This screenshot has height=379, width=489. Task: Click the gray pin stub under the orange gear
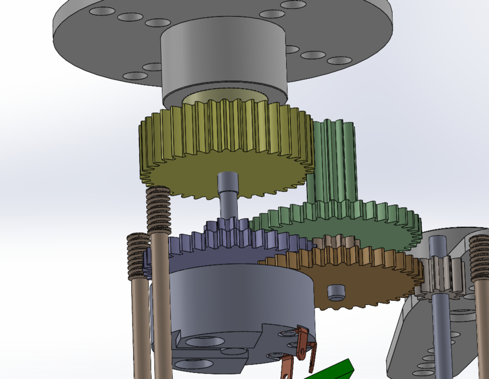[x=336, y=291]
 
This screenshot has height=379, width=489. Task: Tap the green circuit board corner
[x=334, y=370]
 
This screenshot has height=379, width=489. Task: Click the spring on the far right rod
[x=480, y=258]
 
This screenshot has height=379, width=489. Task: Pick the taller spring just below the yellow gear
[x=158, y=210]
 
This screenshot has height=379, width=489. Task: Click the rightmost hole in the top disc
[x=339, y=60]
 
